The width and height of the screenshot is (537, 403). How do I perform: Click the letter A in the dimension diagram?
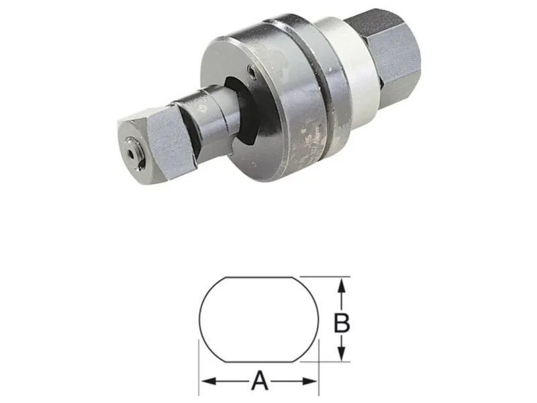[260, 381]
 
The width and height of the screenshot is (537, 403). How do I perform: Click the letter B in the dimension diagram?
[342, 323]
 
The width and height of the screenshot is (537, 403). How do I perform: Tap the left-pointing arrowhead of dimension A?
[209, 381]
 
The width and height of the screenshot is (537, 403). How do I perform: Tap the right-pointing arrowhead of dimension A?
[310, 381]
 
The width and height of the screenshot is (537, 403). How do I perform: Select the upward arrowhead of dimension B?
[340, 285]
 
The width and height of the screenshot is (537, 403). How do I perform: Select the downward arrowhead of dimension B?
[340, 353]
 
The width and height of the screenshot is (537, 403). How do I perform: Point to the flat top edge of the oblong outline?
[259, 277]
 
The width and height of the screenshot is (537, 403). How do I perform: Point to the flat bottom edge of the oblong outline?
[259, 361]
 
